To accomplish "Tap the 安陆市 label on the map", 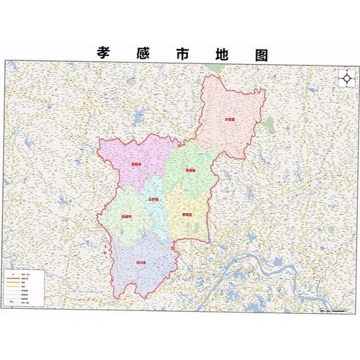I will tap(135, 165).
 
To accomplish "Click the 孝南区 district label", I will tap(187, 215).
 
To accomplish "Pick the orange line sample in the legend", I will tap(12, 286).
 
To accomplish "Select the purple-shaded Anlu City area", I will tap(130, 155).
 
